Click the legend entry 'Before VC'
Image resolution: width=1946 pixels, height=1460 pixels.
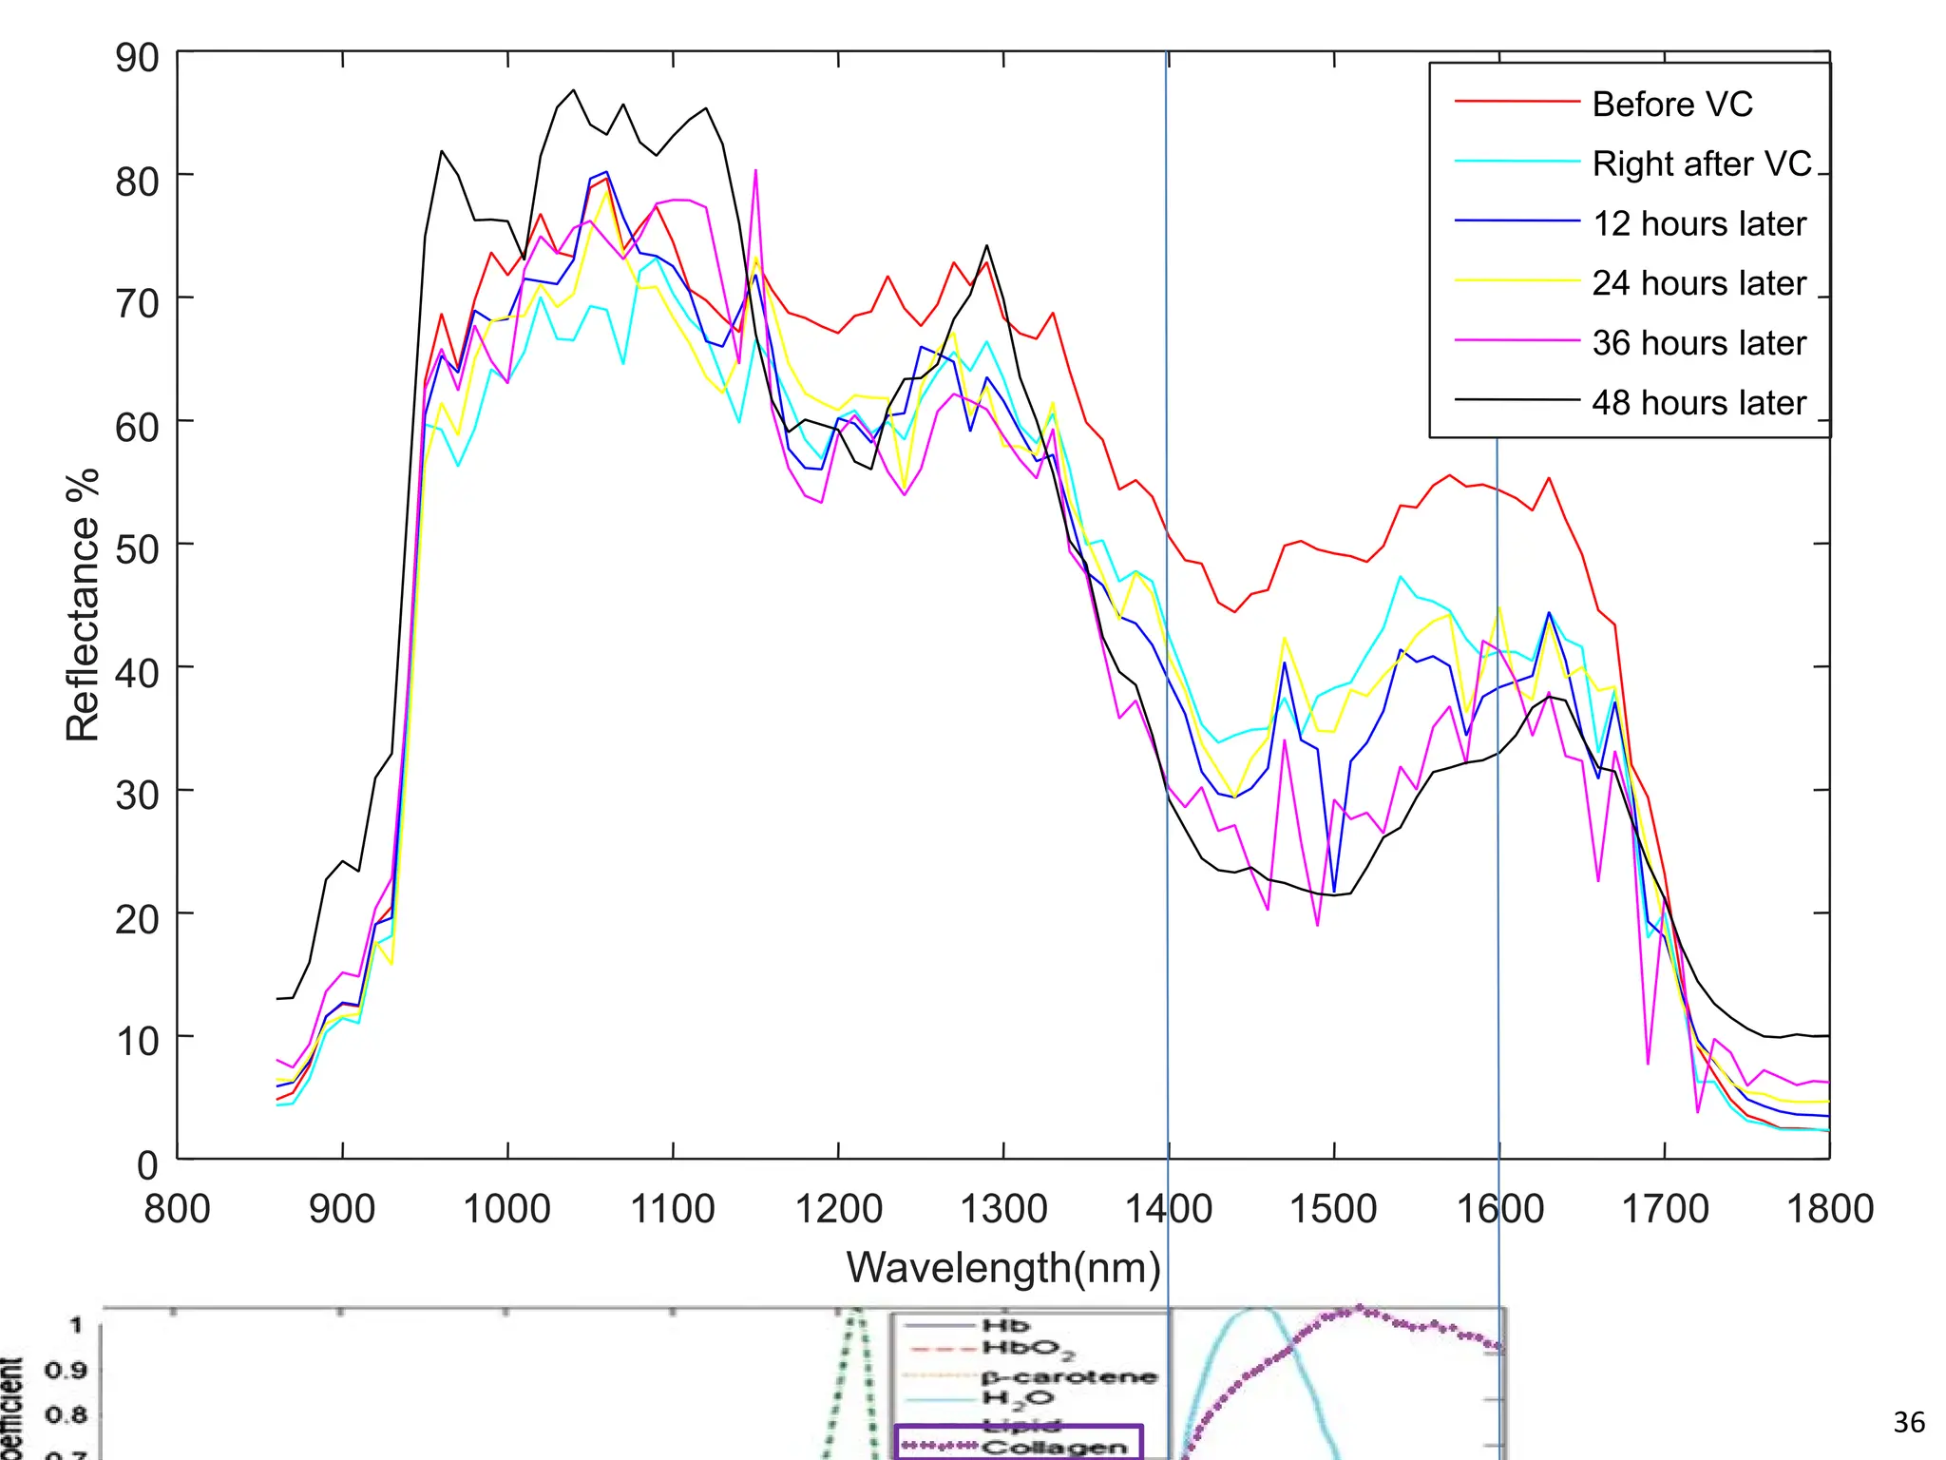pos(1671,104)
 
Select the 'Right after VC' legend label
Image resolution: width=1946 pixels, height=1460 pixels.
pos(1702,163)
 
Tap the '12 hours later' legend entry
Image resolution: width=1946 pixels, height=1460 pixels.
pos(1698,223)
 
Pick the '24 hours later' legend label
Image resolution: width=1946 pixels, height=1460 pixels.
pos(1698,283)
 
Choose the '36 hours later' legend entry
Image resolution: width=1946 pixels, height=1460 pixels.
pos(1698,343)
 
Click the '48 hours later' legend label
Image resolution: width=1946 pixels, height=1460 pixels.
pos(1698,403)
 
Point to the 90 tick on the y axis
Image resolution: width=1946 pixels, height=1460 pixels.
pos(137,58)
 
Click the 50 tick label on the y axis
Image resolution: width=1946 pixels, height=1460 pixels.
pos(137,549)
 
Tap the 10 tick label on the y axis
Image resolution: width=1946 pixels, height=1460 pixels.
pos(137,1042)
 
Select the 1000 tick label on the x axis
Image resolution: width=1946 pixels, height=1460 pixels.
pos(506,1209)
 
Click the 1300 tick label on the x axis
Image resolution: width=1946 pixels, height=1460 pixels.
pos(1003,1209)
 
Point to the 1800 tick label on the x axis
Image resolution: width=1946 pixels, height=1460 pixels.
pos(1829,1209)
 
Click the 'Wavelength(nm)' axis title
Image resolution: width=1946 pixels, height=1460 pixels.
pos(1003,1268)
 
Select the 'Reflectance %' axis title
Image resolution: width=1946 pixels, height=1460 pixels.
pos(83,605)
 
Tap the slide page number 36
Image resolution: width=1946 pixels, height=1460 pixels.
pos(1908,1423)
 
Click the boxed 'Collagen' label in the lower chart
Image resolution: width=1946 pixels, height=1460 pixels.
pos(1053,1447)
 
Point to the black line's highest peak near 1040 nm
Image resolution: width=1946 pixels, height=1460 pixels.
pos(573,90)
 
